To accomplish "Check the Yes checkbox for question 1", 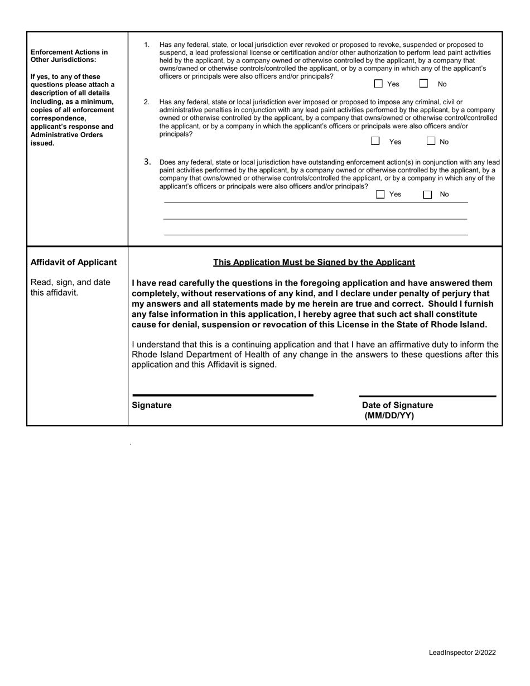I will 378,84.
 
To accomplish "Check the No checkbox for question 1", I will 424,84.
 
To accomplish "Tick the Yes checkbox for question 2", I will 376,142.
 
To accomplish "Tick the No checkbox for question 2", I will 431,142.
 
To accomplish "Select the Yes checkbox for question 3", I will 380,195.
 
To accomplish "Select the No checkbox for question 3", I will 427,195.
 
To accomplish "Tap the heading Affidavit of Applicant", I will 74,262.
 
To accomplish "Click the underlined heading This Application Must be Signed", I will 314,262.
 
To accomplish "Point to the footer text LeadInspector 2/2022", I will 462,653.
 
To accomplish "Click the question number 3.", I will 147,162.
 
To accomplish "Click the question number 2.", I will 147,102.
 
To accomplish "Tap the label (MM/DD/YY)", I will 389,416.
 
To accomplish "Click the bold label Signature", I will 152,405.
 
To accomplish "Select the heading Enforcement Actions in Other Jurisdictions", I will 69,55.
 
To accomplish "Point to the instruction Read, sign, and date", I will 70,282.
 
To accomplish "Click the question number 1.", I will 147,45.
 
